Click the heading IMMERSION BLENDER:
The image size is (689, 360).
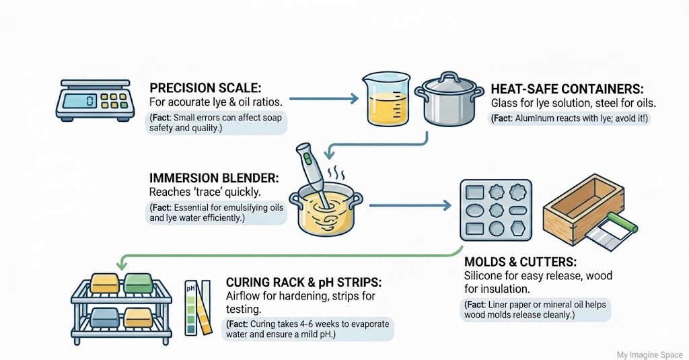click(x=214, y=179)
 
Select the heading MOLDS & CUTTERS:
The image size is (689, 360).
click(x=519, y=261)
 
